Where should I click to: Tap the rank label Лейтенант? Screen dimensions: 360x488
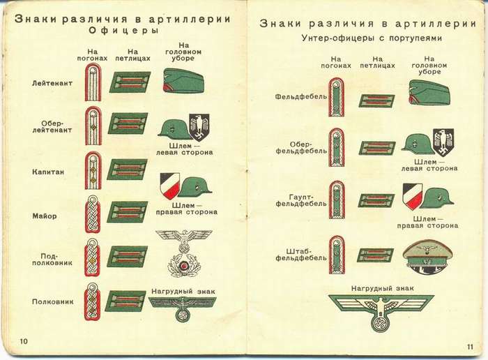click(52, 84)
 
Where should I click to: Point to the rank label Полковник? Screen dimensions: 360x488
click(54, 302)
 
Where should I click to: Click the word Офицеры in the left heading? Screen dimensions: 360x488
click(124, 31)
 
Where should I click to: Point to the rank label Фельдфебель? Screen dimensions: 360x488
click(300, 96)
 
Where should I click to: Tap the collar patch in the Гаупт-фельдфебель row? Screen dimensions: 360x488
click(376, 200)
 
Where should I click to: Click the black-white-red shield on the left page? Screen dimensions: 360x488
click(169, 185)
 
